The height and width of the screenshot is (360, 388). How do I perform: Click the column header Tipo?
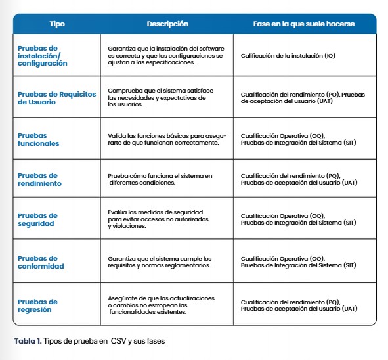(x=57, y=24)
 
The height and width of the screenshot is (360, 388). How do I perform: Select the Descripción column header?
(x=167, y=24)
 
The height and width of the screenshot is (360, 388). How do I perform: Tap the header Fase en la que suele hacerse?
(x=304, y=24)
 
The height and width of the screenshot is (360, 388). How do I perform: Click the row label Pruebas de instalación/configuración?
(x=42, y=56)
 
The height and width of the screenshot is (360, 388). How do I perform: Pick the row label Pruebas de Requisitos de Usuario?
(x=56, y=98)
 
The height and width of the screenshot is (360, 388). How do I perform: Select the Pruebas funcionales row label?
(x=38, y=139)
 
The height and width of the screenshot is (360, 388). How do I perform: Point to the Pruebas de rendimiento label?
(x=39, y=179)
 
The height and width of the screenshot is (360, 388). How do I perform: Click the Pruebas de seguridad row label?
(x=37, y=219)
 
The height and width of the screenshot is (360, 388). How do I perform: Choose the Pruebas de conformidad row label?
(x=41, y=262)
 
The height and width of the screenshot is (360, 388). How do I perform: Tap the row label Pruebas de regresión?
(x=37, y=305)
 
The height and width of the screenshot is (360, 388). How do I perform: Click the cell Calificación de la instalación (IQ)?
(x=288, y=56)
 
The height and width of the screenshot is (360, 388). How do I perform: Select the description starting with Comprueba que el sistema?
(x=160, y=97)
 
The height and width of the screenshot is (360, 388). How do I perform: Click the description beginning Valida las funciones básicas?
(x=167, y=139)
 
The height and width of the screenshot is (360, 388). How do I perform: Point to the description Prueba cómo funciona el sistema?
(x=160, y=179)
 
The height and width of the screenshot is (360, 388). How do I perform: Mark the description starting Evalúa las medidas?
(x=158, y=219)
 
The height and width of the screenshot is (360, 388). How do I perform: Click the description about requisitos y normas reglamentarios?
(x=160, y=262)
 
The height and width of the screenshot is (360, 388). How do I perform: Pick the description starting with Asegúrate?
(x=161, y=305)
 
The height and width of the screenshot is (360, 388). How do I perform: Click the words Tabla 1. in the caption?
(x=28, y=341)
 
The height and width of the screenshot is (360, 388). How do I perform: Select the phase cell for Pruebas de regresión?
(x=299, y=305)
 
